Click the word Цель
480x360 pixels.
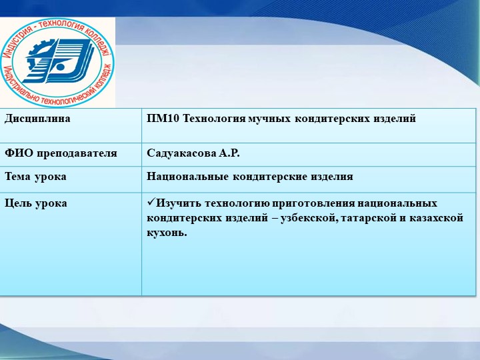click(x=19, y=203)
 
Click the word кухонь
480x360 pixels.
click(x=166, y=233)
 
